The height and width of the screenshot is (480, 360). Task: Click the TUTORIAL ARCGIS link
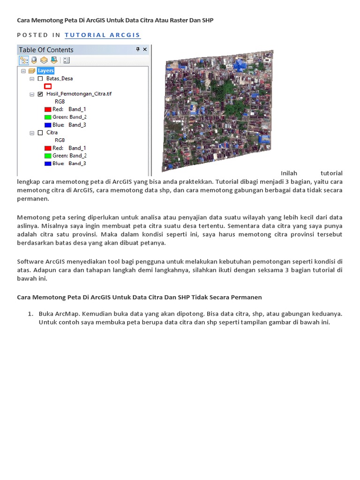(102, 35)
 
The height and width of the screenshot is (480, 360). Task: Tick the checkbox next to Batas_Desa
(40, 79)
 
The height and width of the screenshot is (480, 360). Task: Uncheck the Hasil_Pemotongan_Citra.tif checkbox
(40, 94)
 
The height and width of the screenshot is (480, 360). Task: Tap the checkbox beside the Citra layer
(40, 133)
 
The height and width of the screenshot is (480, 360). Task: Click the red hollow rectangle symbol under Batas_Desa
(47, 86)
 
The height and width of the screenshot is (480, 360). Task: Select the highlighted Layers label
(46, 71)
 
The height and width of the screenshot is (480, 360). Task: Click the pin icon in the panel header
(138, 49)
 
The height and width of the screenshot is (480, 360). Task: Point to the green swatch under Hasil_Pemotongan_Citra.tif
(47, 117)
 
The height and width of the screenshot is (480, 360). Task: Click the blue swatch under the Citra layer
(47, 164)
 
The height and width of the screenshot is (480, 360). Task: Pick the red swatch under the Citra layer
(47, 148)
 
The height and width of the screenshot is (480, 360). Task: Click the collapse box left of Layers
(22, 71)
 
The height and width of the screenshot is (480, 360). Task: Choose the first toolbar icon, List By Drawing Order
(23, 60)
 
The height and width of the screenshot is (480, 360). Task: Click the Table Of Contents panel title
(46, 50)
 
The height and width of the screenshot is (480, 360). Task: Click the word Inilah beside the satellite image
(289, 173)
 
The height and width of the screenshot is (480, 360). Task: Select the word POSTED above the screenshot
(33, 35)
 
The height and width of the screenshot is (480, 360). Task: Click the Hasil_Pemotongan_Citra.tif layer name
(79, 94)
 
